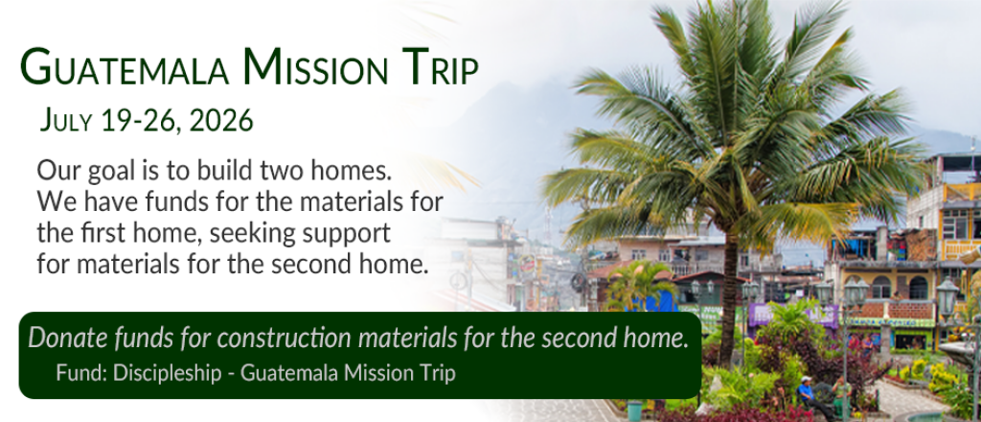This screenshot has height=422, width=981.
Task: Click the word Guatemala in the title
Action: coord(125,66)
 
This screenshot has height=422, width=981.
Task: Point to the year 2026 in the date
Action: coord(221,120)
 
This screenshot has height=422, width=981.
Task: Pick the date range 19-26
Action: coord(139,120)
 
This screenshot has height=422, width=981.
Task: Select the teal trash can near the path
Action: coord(634,410)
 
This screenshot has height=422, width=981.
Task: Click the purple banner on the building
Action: coord(794,315)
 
